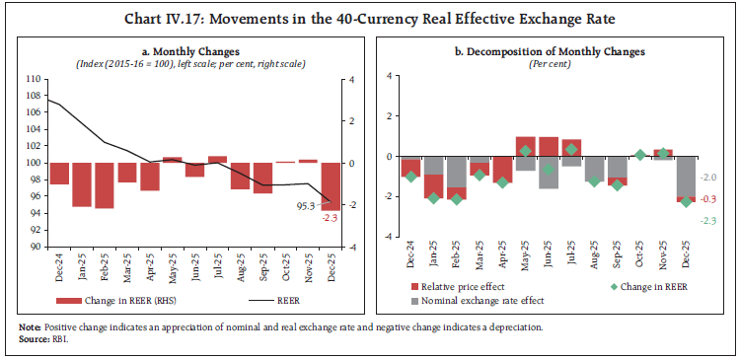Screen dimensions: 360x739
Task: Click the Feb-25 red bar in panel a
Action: pos(104,185)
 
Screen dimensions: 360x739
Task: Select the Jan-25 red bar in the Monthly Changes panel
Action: pos(81,184)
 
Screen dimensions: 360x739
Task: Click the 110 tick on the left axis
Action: pos(35,78)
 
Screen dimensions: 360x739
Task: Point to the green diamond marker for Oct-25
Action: pos(640,155)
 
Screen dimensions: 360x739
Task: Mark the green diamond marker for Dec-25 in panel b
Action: pos(686,201)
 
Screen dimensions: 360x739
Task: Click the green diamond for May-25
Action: pos(526,151)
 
